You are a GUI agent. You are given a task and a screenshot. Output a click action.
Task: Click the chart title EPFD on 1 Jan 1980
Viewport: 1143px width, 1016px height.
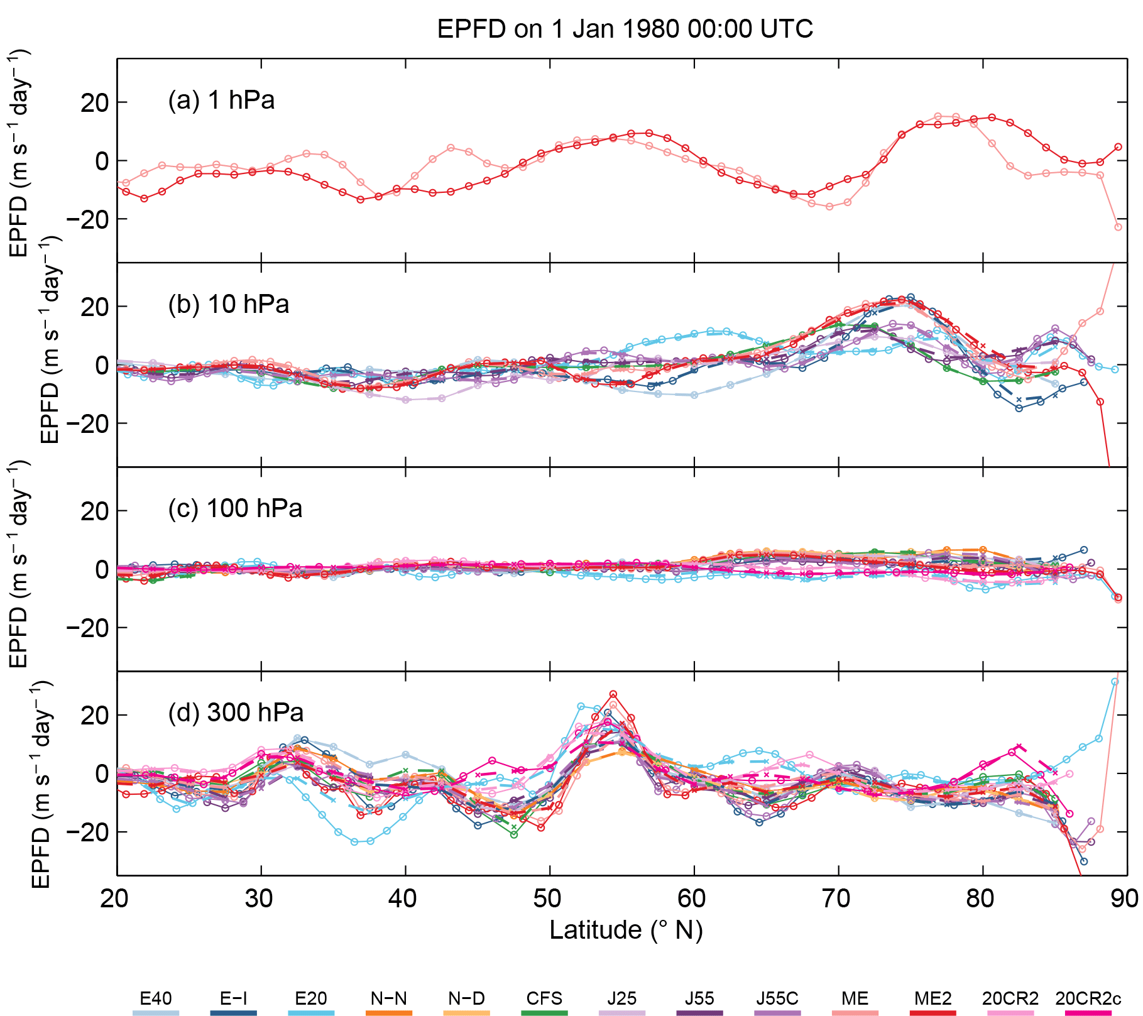point(625,29)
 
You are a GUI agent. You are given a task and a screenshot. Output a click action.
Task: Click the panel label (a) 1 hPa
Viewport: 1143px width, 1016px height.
point(221,101)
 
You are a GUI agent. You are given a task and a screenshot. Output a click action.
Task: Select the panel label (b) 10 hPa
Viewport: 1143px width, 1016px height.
point(228,304)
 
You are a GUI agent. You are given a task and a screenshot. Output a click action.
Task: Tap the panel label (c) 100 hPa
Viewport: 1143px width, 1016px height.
point(235,508)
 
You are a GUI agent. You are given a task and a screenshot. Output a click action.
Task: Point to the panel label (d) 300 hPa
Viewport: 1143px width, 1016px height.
point(236,713)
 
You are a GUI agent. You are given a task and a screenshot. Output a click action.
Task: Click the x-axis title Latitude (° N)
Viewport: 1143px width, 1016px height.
point(625,930)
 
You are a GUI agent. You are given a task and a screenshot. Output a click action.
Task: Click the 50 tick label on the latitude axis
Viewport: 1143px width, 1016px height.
point(549,899)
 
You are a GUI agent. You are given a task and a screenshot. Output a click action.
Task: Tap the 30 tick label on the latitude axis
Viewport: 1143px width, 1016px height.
point(260,899)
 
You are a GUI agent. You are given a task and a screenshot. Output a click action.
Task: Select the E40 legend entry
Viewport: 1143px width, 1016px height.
point(155,998)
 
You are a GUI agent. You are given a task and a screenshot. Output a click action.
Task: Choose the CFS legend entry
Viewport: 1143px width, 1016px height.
point(544,998)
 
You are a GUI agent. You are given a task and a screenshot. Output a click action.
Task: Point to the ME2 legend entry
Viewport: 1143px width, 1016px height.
point(933,998)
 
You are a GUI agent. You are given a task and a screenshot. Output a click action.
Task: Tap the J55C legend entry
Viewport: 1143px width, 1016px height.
point(777,998)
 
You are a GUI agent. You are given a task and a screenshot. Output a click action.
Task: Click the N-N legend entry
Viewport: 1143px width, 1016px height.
point(388,998)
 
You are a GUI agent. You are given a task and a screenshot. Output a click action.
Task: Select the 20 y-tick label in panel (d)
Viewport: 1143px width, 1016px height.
point(94,716)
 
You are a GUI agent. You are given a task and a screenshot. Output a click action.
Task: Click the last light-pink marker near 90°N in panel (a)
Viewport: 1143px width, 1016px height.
point(1118,227)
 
